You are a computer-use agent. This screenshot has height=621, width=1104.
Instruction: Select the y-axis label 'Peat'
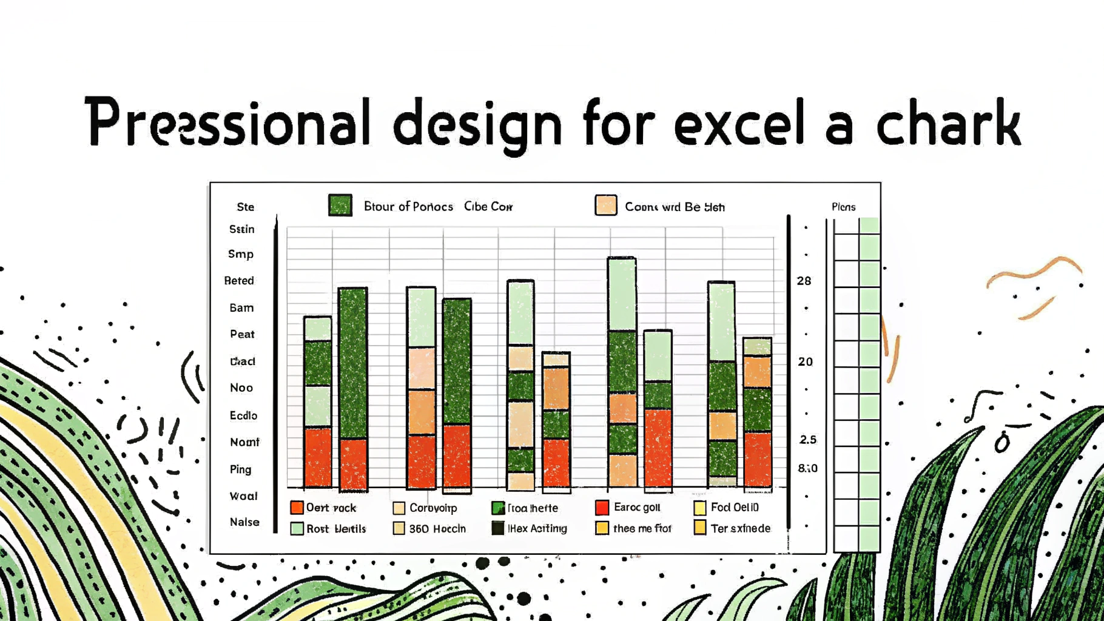(242, 334)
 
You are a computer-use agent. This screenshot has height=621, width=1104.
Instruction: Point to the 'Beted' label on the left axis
(239, 281)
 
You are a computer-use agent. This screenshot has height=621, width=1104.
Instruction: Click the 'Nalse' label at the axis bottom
(244, 522)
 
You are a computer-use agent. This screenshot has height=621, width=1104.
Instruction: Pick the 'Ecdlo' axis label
(243, 415)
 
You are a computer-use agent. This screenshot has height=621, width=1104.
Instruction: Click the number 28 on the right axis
(804, 281)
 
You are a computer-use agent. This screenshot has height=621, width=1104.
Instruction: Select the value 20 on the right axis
(805, 361)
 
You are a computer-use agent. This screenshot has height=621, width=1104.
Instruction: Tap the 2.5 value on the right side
(807, 440)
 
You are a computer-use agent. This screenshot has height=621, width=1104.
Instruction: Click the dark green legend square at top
(340, 206)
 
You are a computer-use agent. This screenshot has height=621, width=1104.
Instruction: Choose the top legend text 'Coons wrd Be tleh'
(675, 207)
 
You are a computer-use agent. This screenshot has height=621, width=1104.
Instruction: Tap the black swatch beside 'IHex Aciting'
(498, 528)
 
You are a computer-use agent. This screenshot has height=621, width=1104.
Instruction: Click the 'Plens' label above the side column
(843, 207)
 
